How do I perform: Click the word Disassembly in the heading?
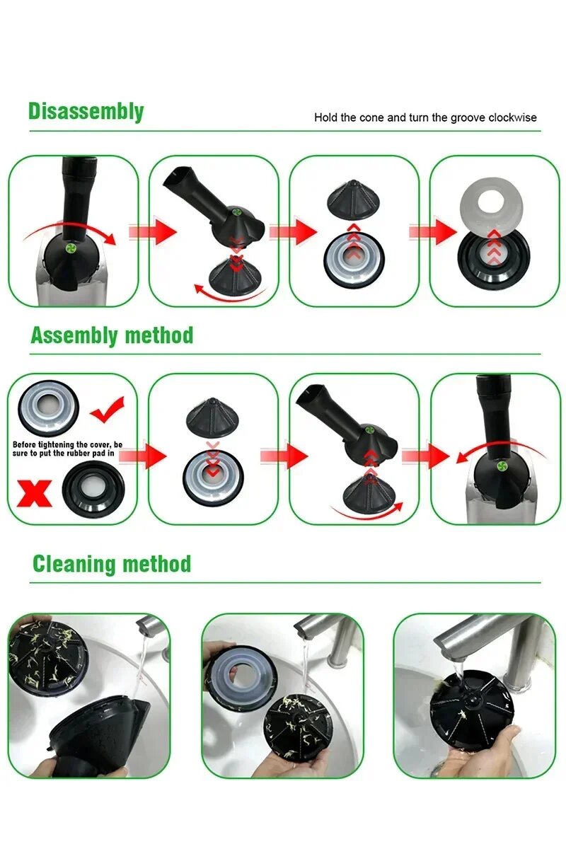86,112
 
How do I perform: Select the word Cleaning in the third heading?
72,565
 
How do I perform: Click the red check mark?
108,410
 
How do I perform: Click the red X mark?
35,492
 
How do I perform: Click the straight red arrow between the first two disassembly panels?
153,231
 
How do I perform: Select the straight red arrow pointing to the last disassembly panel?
433,231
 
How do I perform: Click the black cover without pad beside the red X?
93,491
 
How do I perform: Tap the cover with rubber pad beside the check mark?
49,408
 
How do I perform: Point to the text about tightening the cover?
67,449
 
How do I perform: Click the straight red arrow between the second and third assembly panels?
284,455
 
